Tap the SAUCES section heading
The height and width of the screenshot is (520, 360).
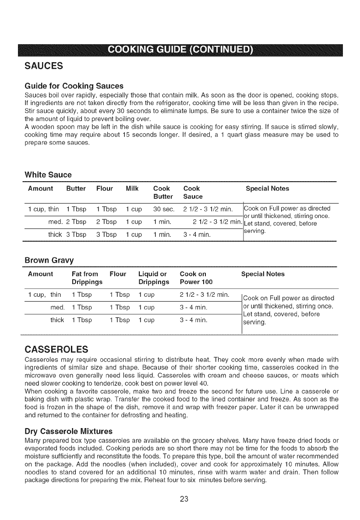point(44,66)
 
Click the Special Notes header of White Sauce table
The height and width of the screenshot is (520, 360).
point(267,189)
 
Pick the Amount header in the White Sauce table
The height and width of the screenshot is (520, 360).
point(40,189)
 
